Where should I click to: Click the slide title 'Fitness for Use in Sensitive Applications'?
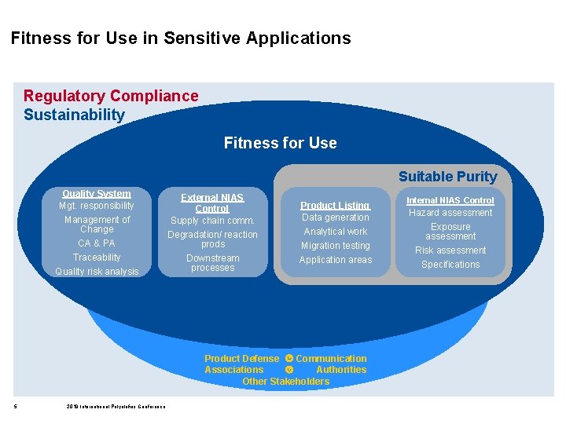click(x=181, y=38)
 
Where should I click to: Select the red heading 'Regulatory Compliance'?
click(x=111, y=96)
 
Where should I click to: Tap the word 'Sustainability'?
click(x=74, y=115)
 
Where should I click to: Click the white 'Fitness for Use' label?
click(x=280, y=143)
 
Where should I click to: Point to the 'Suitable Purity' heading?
click(x=447, y=177)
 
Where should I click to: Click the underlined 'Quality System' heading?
click(x=97, y=193)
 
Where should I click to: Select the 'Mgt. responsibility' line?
click(x=97, y=206)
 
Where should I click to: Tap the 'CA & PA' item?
click(x=97, y=243)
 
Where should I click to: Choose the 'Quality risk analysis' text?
click(x=97, y=272)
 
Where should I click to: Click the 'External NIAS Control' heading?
click(x=212, y=203)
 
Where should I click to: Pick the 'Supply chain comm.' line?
click(x=212, y=221)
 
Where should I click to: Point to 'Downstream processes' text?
click(x=212, y=263)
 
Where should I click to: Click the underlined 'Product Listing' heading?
click(x=336, y=205)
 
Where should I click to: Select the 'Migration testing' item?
click(x=336, y=246)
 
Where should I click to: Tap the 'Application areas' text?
click(x=336, y=260)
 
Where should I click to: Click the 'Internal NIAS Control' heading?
click(x=450, y=200)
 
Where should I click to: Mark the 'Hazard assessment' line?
click(x=450, y=213)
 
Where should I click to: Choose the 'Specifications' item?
click(x=450, y=265)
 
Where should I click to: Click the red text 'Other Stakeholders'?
click(x=285, y=382)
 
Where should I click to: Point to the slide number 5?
click(x=16, y=406)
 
